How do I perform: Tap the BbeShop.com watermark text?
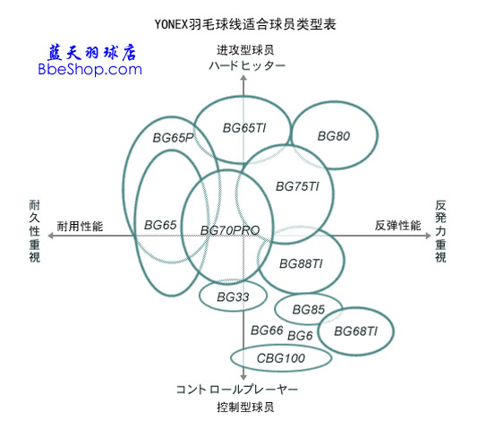coord(90,68)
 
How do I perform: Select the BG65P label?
coord(173,138)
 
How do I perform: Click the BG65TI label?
coord(244,128)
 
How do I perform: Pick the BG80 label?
coord(334,136)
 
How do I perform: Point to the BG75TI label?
coord(298,186)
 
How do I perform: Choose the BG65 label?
coord(159,226)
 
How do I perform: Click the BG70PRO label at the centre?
coord(230,231)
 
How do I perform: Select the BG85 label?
coord(307,310)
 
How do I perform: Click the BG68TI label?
coord(355,331)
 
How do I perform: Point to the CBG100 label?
coord(280,358)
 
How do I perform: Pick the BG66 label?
coord(267,331)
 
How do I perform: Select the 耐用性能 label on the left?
coord(81,227)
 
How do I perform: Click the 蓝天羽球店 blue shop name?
coord(90,51)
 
